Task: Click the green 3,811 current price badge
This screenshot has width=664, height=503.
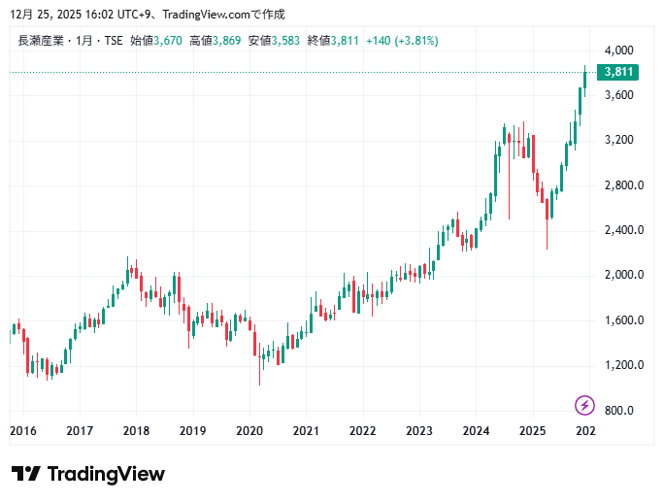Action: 617,72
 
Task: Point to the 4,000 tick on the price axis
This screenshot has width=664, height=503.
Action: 618,50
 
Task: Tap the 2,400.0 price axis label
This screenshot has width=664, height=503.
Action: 618,230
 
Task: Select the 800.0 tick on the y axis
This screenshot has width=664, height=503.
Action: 618,410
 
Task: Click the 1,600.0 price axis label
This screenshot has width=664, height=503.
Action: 618,320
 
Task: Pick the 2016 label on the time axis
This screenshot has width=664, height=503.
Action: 23,431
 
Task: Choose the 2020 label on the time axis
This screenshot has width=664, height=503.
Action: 249,431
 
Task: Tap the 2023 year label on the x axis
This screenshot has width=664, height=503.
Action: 419,431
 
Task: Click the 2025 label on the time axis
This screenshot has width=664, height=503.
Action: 532,431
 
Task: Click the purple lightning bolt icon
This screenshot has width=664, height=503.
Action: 584,405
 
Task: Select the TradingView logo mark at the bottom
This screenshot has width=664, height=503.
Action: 25,474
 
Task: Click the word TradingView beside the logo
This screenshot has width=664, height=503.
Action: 106,474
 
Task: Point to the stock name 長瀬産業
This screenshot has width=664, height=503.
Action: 41,41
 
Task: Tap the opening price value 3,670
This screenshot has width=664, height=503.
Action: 168,41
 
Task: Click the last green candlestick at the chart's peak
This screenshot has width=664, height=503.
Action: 585,78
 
